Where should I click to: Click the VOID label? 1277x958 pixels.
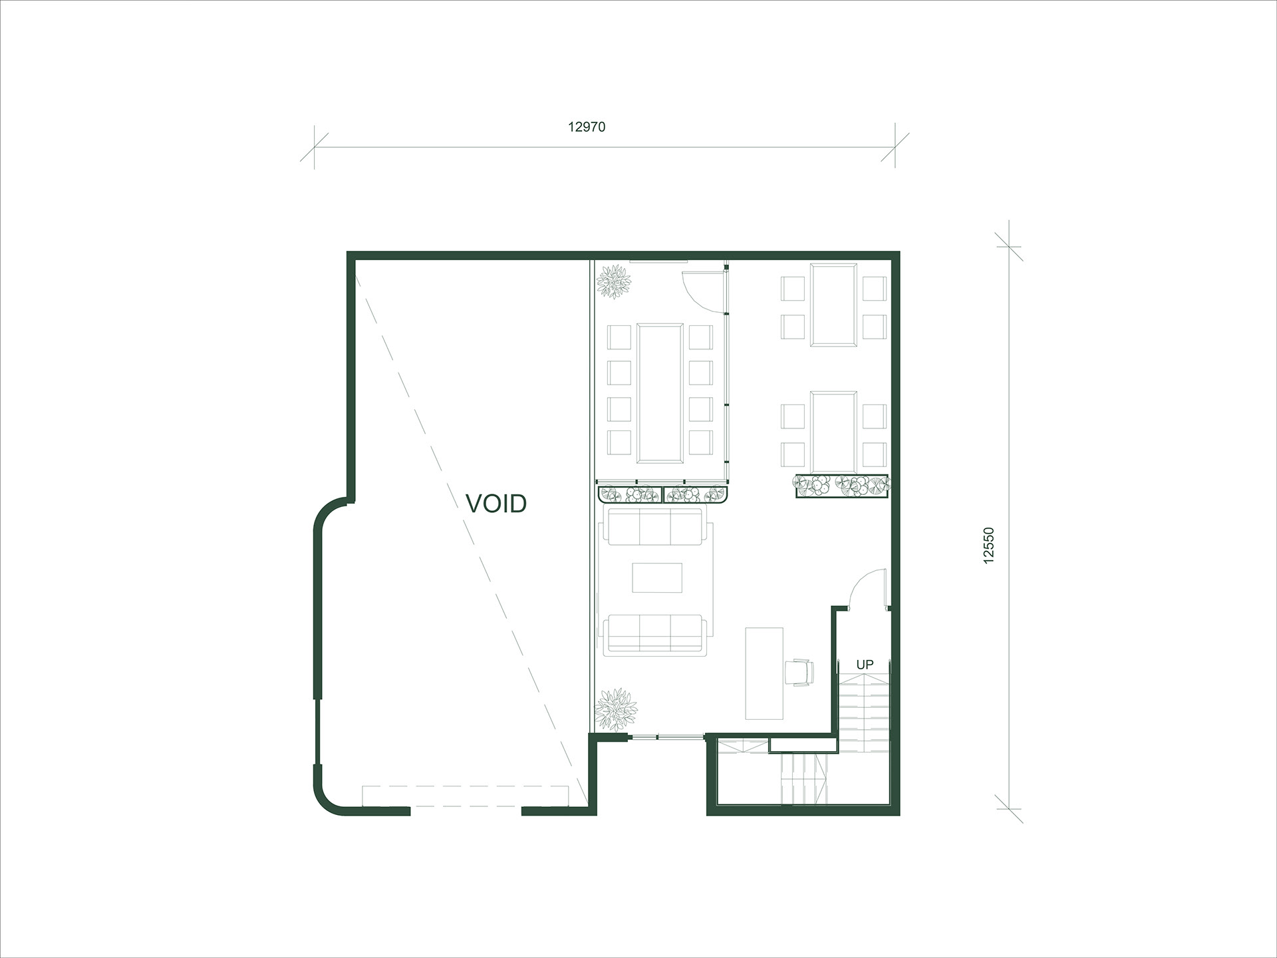(496, 504)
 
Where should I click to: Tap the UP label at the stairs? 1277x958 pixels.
(865, 664)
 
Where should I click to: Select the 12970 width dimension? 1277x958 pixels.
(587, 127)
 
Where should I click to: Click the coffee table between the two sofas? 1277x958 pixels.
(657, 577)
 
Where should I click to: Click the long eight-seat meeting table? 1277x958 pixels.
(660, 393)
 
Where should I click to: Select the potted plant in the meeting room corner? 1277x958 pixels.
(614, 281)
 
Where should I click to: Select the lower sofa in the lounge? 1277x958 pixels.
(654, 633)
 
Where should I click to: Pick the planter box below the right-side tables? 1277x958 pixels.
(842, 486)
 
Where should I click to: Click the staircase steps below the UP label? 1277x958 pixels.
(864, 712)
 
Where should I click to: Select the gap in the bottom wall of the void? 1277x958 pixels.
(466, 810)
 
